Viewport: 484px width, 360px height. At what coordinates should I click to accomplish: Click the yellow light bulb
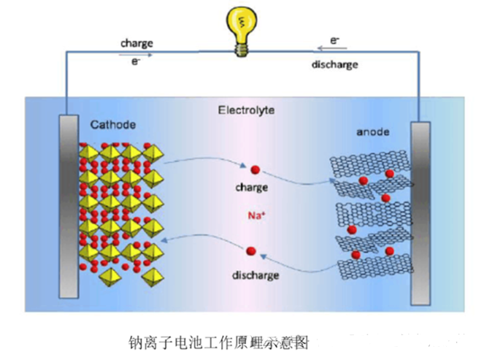240,23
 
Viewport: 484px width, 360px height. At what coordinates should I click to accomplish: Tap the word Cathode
113,125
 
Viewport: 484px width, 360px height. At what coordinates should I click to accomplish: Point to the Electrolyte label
245,110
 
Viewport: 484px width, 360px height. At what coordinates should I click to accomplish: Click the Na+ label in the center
254,216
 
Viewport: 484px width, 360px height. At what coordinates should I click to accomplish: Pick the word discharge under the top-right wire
334,64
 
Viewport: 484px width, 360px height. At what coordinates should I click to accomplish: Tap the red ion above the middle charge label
256,170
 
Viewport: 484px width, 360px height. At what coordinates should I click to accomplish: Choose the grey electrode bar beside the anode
420,212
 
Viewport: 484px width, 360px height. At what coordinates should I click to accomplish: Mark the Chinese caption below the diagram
219,341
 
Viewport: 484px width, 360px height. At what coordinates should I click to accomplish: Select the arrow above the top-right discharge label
334,52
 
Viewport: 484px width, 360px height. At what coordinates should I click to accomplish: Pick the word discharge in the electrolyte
256,275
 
